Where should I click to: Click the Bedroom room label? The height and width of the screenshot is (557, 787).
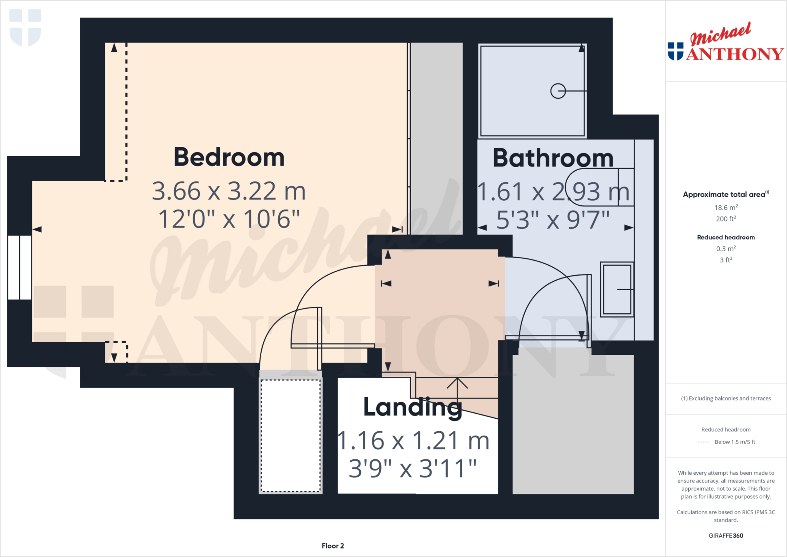pyautogui.click(x=229, y=157)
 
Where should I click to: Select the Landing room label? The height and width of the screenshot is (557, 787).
pyautogui.click(x=412, y=407)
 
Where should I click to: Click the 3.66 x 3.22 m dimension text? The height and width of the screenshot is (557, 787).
pyautogui.click(x=229, y=191)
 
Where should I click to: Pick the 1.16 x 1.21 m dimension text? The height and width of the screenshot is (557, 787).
pyautogui.click(x=413, y=441)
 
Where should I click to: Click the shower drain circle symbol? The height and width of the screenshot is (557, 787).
pyautogui.click(x=558, y=91)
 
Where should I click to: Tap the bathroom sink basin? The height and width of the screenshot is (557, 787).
pyautogui.click(x=617, y=289)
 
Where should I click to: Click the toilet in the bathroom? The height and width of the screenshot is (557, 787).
pyautogui.click(x=599, y=187)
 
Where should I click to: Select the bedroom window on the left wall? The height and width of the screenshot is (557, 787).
pyautogui.click(x=20, y=267)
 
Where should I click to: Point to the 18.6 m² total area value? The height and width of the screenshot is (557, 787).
pyautogui.click(x=726, y=208)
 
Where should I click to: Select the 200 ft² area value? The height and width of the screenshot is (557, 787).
pyautogui.click(x=726, y=219)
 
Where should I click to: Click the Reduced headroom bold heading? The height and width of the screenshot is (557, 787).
pyautogui.click(x=726, y=237)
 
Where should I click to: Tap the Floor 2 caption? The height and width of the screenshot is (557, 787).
pyautogui.click(x=333, y=546)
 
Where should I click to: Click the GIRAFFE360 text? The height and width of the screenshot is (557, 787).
pyautogui.click(x=726, y=535)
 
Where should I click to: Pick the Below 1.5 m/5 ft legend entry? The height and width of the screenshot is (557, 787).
pyautogui.click(x=734, y=442)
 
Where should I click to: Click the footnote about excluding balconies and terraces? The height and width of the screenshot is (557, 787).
pyautogui.click(x=726, y=398)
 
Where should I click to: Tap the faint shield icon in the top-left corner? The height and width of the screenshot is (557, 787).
pyautogui.click(x=25, y=27)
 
